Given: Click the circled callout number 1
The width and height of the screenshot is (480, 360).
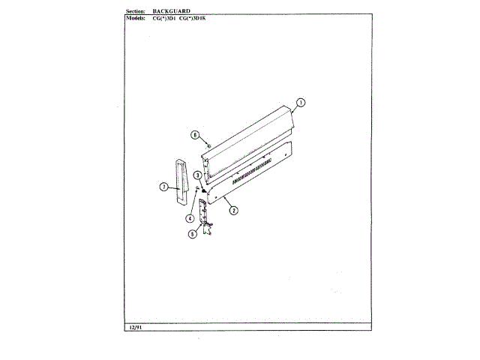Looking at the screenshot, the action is (x=301, y=103).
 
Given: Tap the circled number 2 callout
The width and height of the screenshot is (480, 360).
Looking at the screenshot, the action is (x=233, y=211).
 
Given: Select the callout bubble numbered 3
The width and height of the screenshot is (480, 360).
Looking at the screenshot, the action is (x=196, y=175).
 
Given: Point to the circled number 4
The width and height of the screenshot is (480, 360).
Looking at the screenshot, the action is (x=190, y=218).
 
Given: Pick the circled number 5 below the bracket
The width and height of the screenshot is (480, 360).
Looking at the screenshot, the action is (x=192, y=234).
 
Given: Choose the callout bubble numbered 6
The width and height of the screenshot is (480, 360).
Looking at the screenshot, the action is (x=195, y=136).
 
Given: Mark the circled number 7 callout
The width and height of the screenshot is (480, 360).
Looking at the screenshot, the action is (x=163, y=187).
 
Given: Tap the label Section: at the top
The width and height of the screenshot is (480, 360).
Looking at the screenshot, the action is (x=130, y=11).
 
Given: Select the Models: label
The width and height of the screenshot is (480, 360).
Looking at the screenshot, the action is (x=132, y=17).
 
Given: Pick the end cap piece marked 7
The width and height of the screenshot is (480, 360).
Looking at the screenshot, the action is (x=180, y=181).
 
